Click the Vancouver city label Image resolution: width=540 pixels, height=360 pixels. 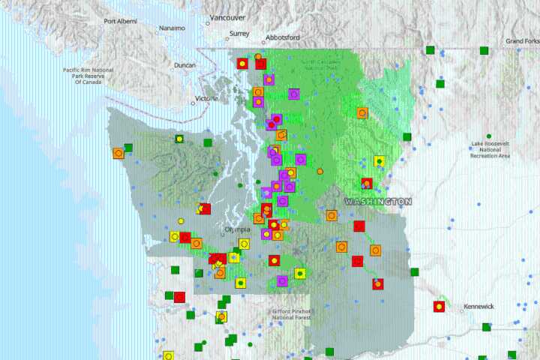coord(228,17)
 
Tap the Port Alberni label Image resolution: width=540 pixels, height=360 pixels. coord(120,22)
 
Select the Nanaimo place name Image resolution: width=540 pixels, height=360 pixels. coord(172,28)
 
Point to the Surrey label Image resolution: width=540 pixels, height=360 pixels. coord(239,33)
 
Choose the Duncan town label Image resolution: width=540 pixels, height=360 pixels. coord(184,65)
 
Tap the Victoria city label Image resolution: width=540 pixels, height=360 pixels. coord(205,98)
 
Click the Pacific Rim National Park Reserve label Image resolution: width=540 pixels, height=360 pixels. coord(88,76)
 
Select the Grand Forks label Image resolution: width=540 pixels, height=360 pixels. coord(523,40)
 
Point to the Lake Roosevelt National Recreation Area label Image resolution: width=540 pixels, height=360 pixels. coord(490,149)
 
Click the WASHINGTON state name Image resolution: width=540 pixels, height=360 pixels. coord(378,202)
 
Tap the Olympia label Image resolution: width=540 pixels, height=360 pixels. coord(238,229)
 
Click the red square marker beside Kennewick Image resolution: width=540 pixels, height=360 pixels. coord(439,306)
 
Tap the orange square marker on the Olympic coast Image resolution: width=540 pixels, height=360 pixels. coord(118,153)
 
